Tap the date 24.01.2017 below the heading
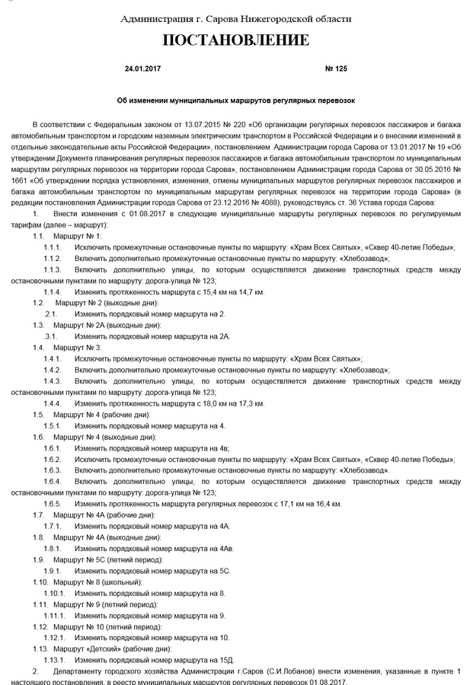pos(142,68)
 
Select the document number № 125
pos(335,68)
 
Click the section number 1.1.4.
pos(53,292)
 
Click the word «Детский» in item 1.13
pos(99,649)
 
